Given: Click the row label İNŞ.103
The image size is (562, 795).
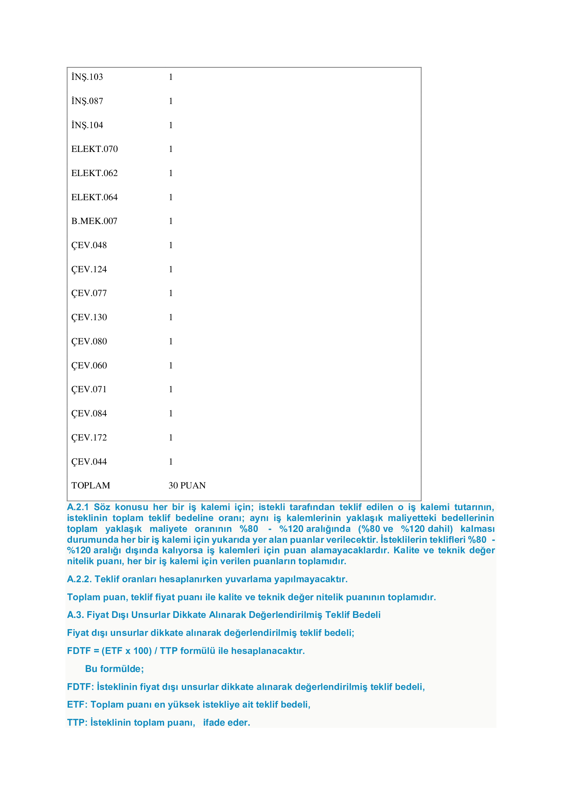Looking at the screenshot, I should click(87, 77).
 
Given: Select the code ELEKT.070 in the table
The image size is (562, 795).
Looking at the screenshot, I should click(94, 149).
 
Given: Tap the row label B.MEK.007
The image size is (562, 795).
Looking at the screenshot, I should click(94, 221).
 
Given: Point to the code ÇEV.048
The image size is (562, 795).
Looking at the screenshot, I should click(89, 245).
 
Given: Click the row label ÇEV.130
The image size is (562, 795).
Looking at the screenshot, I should click(89, 317).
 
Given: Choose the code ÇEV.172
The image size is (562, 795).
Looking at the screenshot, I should click(89, 437).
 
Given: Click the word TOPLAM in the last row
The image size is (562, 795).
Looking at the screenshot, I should click(91, 485).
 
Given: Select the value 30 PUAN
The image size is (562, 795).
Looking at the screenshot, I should click(187, 485).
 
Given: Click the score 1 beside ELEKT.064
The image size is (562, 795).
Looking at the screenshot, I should click(171, 197).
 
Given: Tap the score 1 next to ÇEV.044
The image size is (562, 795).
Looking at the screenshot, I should click(171, 462).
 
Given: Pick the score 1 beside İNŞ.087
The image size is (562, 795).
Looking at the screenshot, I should click(171, 101).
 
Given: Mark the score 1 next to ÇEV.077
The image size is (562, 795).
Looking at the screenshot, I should click(171, 293).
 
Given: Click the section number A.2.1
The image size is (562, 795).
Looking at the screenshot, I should click(78, 507).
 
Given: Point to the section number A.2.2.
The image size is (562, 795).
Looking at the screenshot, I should click(79, 579).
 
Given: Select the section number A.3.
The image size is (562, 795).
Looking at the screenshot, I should click(75, 615).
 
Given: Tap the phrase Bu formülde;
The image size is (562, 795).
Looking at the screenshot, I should click(114, 669).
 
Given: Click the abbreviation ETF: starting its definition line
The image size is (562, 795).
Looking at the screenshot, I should click(77, 705).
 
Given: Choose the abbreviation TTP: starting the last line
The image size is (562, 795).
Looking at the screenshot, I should click(77, 723).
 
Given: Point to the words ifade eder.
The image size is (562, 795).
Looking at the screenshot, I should click(226, 723).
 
